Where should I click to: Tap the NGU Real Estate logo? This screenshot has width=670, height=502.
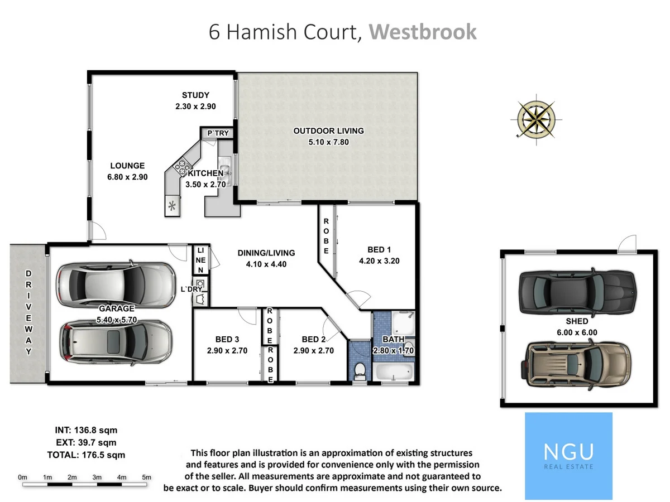568,455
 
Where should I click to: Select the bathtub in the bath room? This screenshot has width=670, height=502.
394,373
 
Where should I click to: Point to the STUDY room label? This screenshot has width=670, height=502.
195,95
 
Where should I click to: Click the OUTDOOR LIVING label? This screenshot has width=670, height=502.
328,131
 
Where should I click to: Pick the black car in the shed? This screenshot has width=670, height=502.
577,292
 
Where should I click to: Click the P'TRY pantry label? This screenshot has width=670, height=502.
218,133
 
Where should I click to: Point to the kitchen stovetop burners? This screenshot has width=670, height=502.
181,165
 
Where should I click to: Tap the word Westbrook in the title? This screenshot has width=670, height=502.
423,32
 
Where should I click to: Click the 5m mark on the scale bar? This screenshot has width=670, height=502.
146,477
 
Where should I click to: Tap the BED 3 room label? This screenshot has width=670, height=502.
227,339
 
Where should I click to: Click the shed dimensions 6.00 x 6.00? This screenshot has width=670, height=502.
577,332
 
